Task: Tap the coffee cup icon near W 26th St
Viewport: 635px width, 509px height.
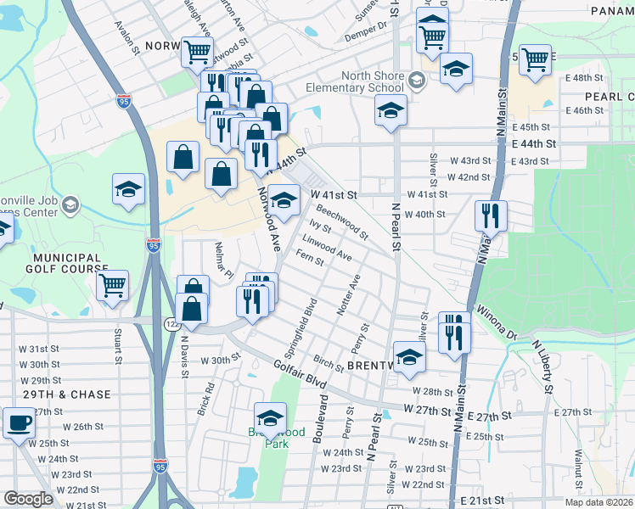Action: tap(19, 422)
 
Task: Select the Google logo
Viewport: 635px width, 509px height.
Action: tap(29, 499)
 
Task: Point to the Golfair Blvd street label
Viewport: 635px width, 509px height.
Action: tap(302, 378)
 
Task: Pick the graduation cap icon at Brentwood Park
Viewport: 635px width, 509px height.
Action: tap(270, 418)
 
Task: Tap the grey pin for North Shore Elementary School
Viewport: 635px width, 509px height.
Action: tap(416, 81)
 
